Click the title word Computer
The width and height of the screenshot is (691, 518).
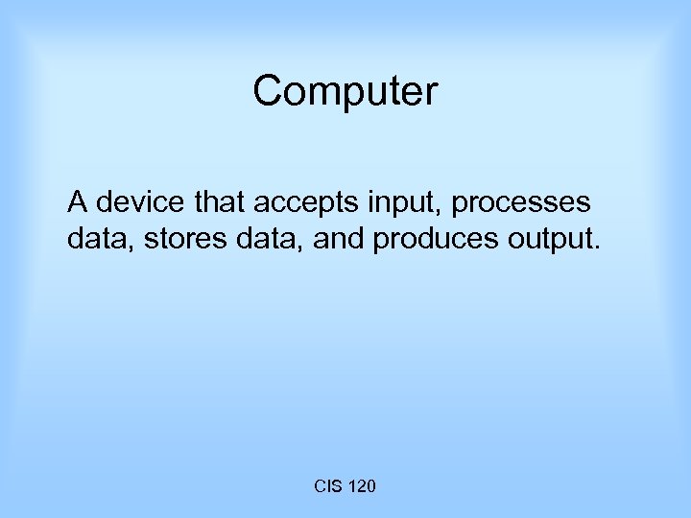pyautogui.click(x=345, y=92)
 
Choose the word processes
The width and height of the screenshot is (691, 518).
pyautogui.click(x=521, y=204)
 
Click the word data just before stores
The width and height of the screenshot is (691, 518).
pyautogui.click(x=95, y=238)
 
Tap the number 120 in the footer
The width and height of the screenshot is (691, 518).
pyautogui.click(x=361, y=487)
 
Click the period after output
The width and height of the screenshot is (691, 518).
pyautogui.click(x=597, y=247)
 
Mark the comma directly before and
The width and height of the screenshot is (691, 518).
pyautogui.click(x=303, y=247)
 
